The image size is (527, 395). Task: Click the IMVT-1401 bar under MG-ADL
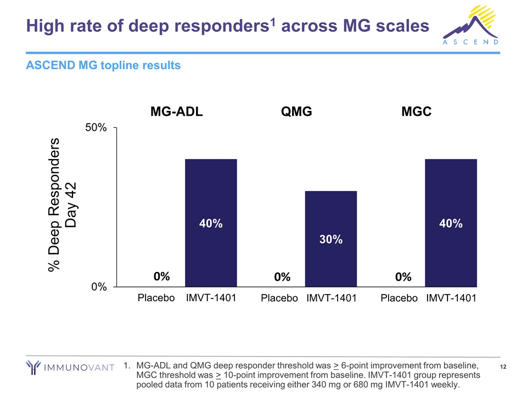click(211, 223)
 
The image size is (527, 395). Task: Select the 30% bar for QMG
click(331, 239)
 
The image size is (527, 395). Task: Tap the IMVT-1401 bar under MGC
click(451, 223)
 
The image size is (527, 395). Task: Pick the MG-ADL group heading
click(177, 111)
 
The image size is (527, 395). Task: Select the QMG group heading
click(296, 111)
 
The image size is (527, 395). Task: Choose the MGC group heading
click(416, 111)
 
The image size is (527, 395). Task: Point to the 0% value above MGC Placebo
click(403, 278)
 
